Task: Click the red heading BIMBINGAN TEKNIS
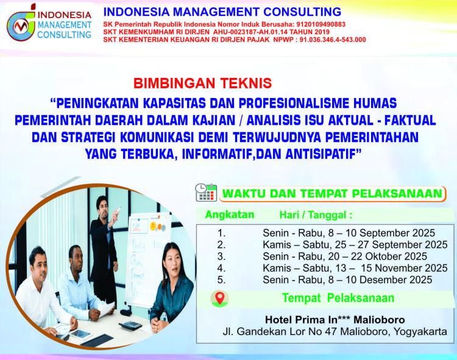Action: click(202, 83)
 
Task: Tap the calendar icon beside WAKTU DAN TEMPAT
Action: click(206, 192)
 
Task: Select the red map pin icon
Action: click(220, 298)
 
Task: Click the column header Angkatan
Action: click(230, 214)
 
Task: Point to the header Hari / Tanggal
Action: click(316, 215)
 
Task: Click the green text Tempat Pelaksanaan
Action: click(338, 298)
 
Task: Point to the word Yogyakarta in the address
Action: click(420, 332)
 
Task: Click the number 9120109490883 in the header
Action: click(321, 24)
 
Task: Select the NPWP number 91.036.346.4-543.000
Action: click(333, 40)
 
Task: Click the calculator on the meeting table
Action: click(130, 325)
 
